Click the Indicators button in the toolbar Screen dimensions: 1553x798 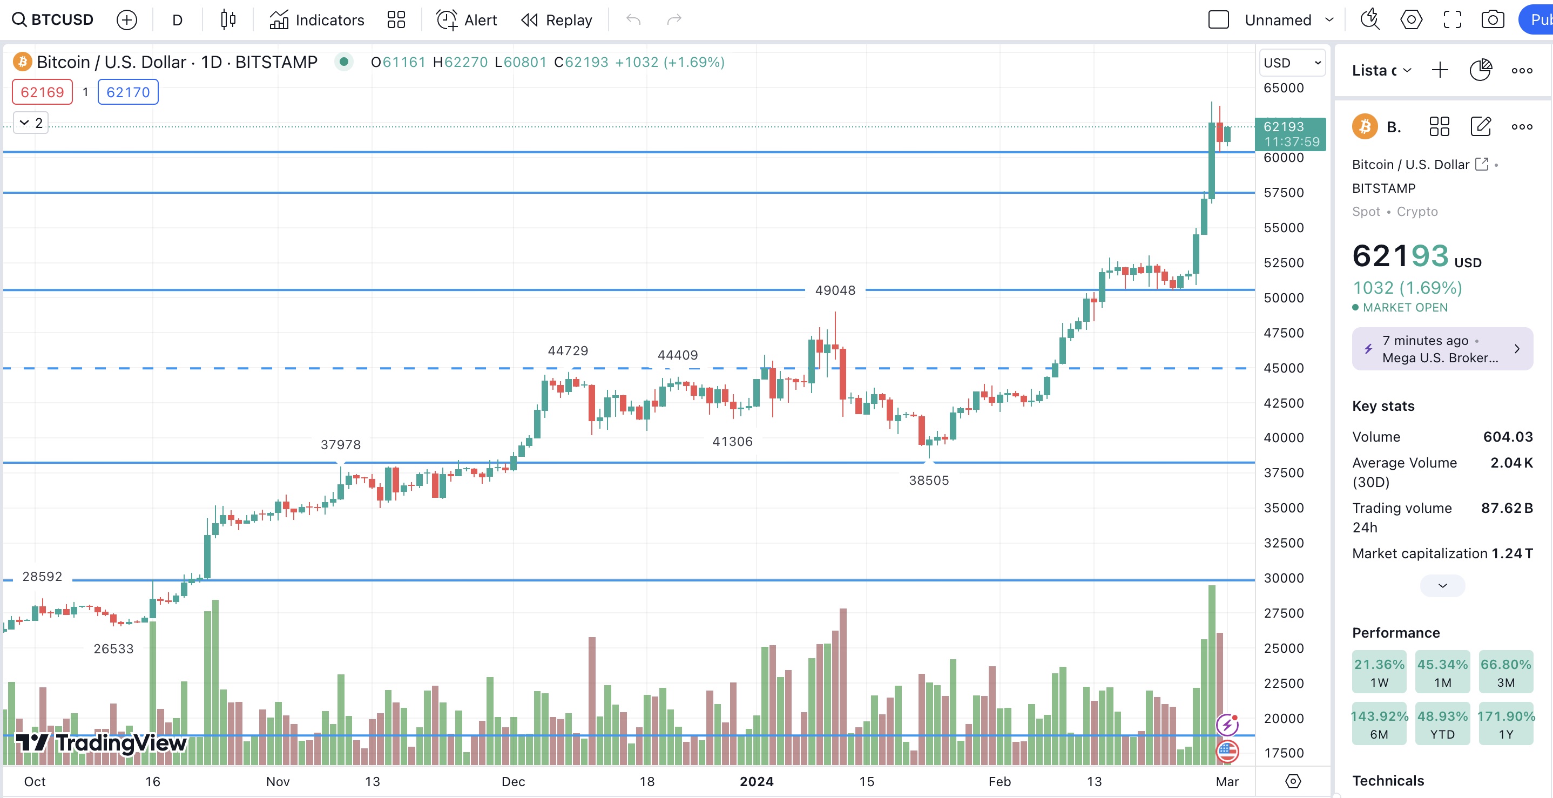317,20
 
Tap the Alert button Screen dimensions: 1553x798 467,20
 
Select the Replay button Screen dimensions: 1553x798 556,20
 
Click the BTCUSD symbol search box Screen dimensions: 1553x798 53,20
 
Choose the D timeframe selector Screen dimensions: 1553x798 177,20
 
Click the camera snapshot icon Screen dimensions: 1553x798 1492,20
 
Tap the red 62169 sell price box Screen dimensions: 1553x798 42,92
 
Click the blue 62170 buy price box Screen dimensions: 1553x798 128,92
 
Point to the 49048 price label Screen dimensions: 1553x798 835,290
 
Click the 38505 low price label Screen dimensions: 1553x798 928,481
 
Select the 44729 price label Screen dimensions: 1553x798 568,351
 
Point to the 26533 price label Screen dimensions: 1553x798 113,648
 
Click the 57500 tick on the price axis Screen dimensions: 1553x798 1284,193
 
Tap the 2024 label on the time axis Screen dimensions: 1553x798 757,782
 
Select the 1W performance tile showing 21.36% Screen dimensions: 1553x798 1379,672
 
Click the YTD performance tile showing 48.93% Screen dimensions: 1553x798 1442,724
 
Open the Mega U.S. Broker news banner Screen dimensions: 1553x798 1442,349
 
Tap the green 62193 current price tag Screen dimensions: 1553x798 1290,134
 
